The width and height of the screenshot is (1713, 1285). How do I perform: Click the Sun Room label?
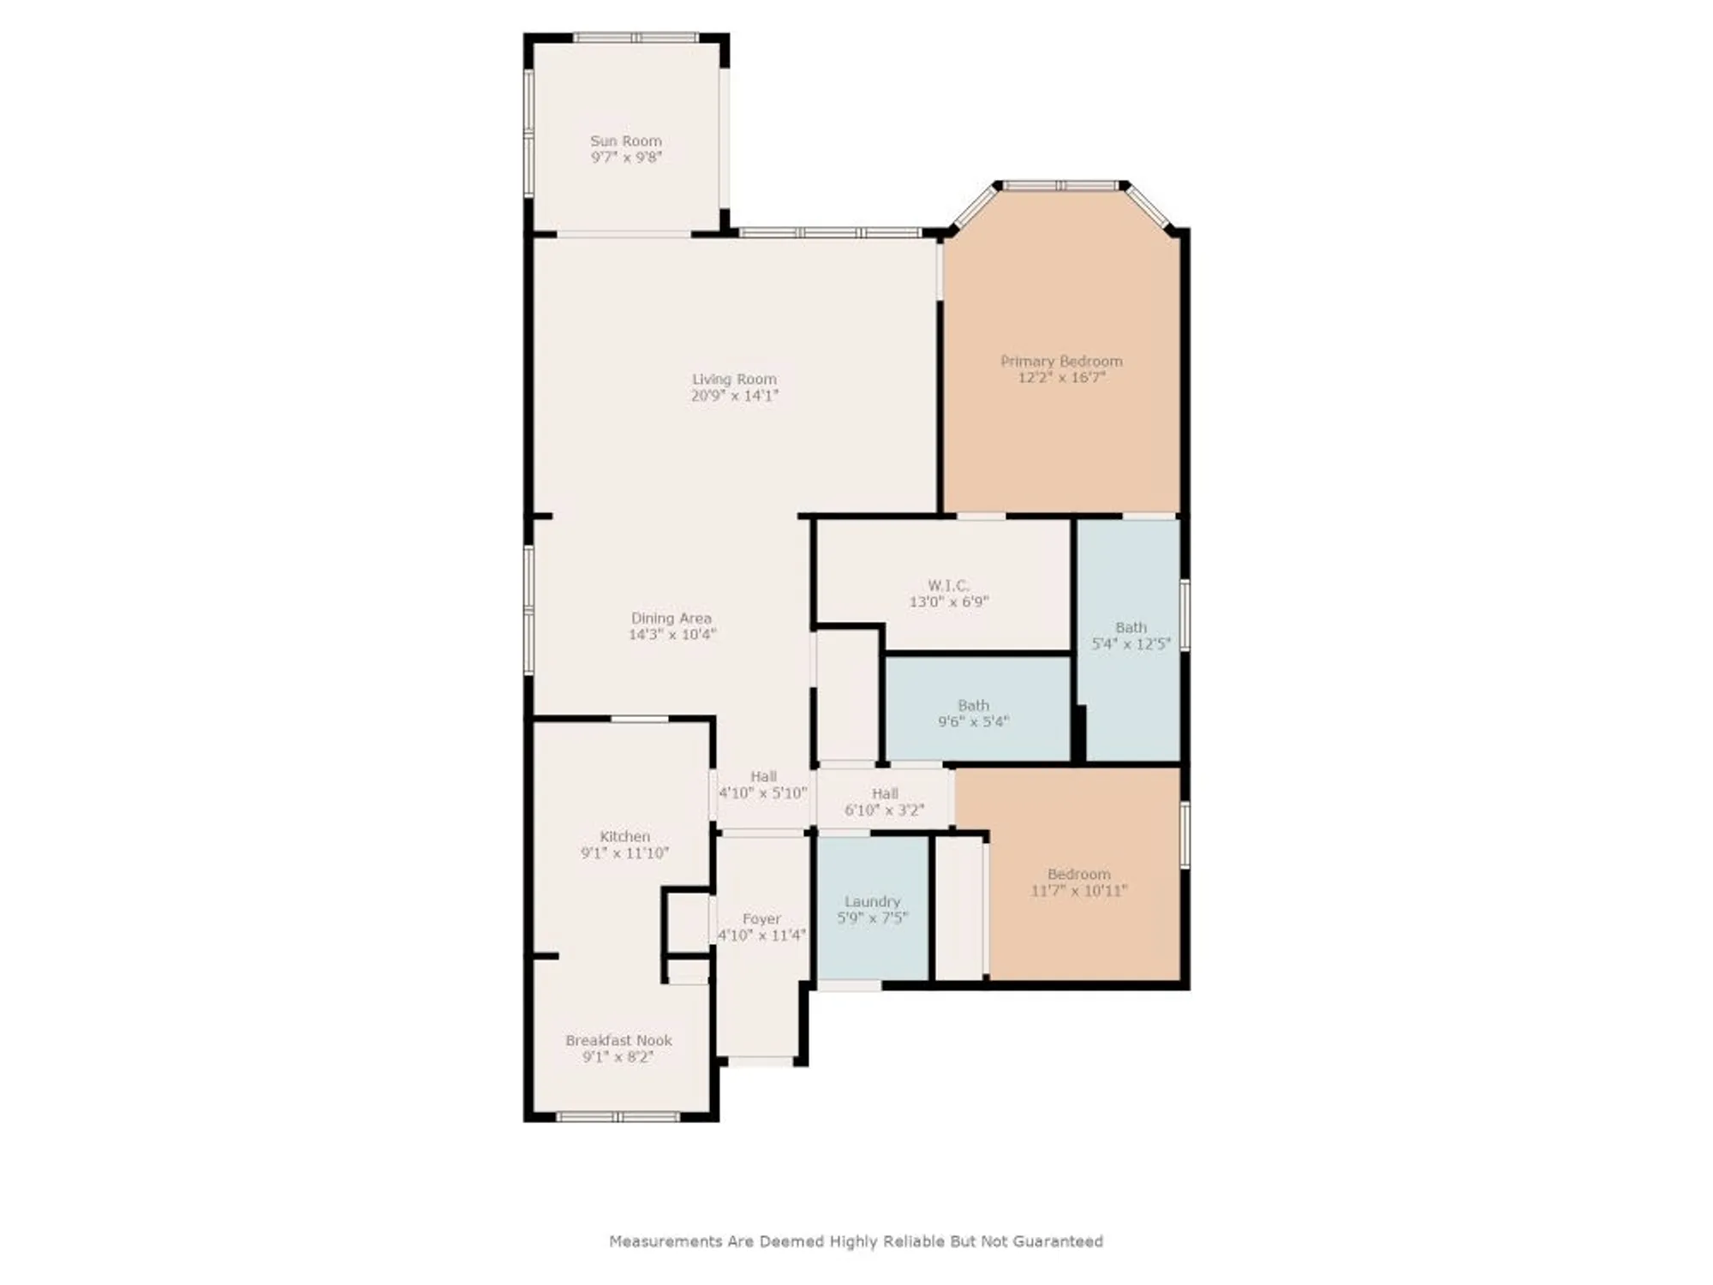coord(625,141)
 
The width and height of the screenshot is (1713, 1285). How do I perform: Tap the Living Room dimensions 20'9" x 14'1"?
coord(734,396)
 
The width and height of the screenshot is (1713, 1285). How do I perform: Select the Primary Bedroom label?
coord(1061,362)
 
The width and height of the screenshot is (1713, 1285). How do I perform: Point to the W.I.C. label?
coord(948,586)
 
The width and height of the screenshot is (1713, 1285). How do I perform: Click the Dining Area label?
coord(671,619)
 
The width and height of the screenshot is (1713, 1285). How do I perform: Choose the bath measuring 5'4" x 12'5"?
coord(1131,636)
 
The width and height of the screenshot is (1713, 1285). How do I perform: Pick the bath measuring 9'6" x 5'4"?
coord(973,713)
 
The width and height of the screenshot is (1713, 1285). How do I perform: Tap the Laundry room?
coord(872,909)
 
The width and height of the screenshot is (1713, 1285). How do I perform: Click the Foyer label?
coord(761,919)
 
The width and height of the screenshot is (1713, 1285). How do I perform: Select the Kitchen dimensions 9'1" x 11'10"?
coord(624,853)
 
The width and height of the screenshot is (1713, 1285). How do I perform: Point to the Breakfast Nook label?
coord(618,1041)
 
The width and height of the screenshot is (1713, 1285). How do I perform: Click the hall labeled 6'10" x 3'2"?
coord(884,802)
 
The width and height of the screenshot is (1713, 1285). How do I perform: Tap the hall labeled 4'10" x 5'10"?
coord(762,785)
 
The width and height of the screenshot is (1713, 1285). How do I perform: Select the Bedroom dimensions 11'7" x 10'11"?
coord(1078,891)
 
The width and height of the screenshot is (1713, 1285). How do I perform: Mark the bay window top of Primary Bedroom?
coord(1060,185)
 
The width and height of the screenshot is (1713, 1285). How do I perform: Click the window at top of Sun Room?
coord(635,38)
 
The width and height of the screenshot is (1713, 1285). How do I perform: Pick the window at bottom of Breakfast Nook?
coord(618,1117)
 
